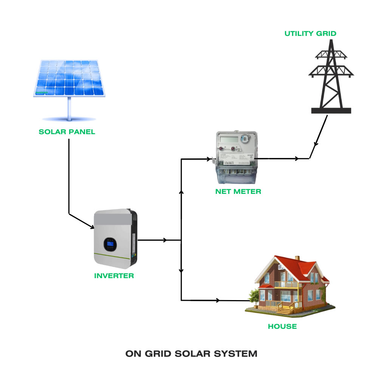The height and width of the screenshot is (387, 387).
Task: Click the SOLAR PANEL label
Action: [67, 132]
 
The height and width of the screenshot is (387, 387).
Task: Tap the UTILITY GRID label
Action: [310, 33]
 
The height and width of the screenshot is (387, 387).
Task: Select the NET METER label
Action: [238, 191]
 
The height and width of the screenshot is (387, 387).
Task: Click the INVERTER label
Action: [114, 276]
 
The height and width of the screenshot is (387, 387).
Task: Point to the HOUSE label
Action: [282, 326]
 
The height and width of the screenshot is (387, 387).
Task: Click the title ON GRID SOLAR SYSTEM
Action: [191, 354]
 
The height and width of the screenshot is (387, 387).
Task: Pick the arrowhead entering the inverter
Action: [91, 227]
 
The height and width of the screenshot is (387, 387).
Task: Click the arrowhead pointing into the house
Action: [217, 300]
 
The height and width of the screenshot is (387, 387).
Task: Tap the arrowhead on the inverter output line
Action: [164, 240]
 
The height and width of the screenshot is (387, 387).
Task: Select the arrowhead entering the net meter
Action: [208, 159]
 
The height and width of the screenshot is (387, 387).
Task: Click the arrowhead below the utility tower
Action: [316, 145]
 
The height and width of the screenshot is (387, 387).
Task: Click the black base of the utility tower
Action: [331, 110]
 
